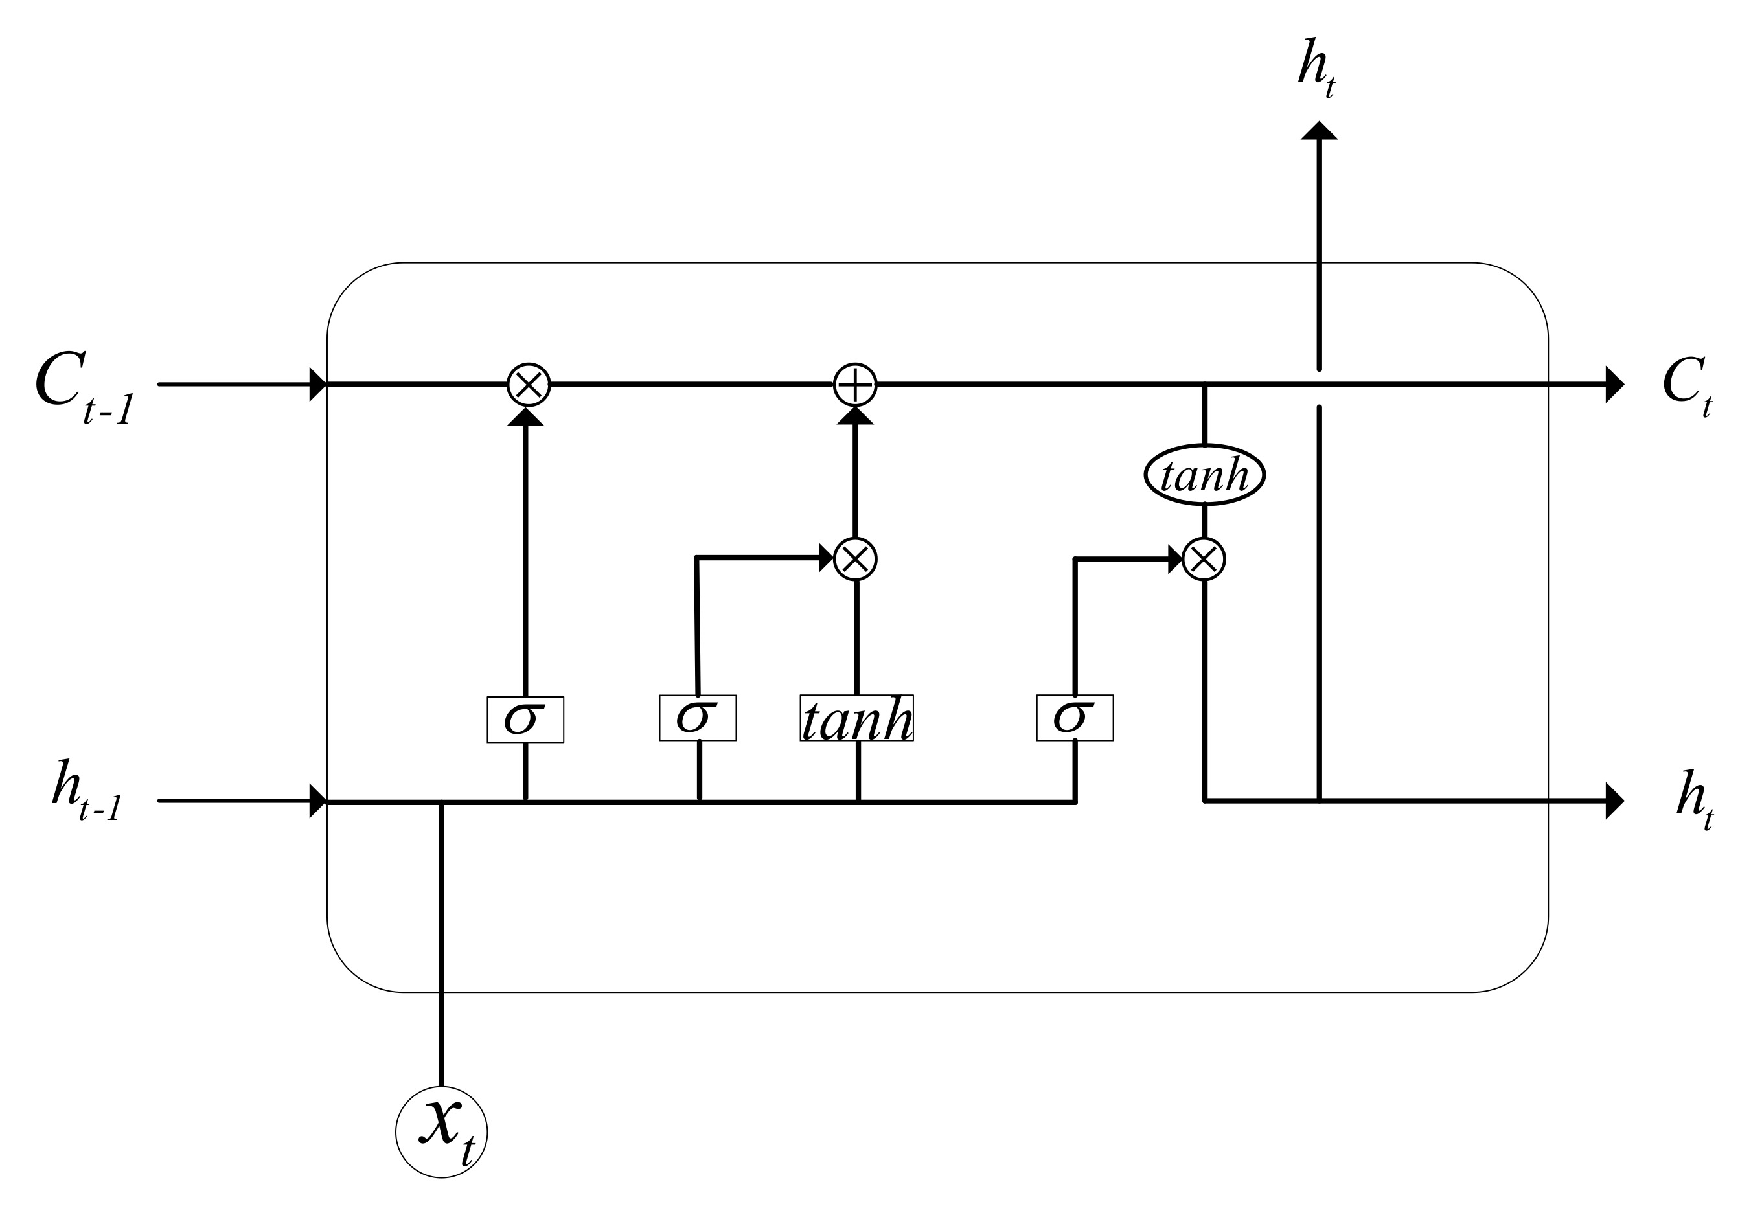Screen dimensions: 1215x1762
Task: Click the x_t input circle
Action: tap(441, 1132)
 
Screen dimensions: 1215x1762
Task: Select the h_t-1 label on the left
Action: tap(86, 789)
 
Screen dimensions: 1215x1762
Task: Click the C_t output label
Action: tap(1687, 386)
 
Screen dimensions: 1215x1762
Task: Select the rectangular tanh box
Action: tap(856, 718)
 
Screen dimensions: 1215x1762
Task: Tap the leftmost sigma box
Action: tap(525, 719)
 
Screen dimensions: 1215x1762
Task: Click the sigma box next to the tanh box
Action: tap(698, 717)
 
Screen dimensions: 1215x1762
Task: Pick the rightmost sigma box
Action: tap(1075, 717)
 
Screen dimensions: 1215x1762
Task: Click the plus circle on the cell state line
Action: tap(855, 385)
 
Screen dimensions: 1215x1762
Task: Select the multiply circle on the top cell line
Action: tap(529, 385)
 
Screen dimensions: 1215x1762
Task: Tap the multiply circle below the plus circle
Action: tap(855, 560)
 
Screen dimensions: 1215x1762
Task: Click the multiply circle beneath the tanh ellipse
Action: tap(1204, 560)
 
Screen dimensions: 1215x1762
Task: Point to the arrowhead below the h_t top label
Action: tap(1319, 131)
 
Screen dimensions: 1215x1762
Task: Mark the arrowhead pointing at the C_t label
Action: tap(1614, 385)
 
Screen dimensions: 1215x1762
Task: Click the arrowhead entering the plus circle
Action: tap(855, 416)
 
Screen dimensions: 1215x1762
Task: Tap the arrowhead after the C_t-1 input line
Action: tap(317, 385)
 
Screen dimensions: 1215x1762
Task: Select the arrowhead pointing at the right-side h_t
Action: tap(1614, 801)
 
